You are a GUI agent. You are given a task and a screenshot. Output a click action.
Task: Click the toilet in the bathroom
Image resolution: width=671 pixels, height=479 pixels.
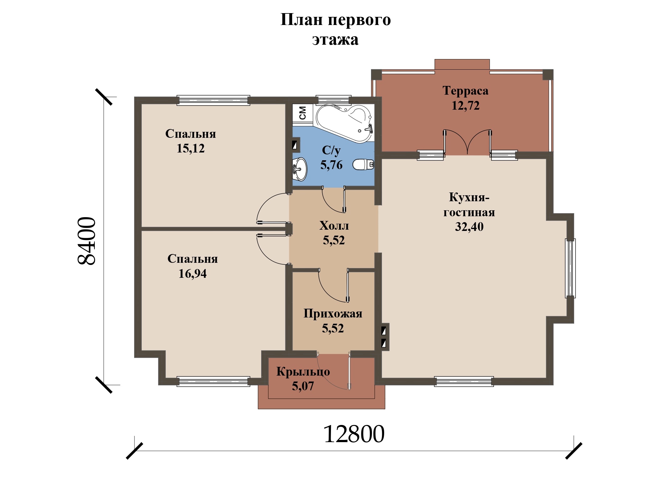[x=363, y=164]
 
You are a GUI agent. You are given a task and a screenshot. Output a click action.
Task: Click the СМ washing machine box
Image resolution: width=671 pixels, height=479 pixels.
[x=302, y=113]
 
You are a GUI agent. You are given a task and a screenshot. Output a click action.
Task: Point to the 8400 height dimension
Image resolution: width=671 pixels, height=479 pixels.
[x=87, y=241]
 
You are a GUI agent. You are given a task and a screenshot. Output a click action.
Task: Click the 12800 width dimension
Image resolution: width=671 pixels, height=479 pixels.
[x=354, y=434]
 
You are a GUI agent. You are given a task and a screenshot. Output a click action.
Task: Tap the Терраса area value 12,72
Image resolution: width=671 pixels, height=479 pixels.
[x=465, y=106]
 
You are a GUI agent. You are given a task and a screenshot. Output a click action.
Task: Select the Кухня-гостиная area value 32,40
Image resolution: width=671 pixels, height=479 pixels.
[x=469, y=227]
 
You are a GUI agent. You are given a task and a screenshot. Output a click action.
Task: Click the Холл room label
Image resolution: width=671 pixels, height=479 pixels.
[x=334, y=225]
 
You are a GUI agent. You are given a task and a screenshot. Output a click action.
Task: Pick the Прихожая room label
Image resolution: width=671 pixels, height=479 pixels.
[x=333, y=313]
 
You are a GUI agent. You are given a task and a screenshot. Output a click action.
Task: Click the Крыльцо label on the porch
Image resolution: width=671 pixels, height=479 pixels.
[x=303, y=372]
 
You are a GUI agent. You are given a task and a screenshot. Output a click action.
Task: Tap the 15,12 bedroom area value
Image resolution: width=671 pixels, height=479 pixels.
[x=191, y=148]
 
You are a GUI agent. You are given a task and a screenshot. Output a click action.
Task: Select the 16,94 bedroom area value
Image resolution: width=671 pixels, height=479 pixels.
[x=192, y=274]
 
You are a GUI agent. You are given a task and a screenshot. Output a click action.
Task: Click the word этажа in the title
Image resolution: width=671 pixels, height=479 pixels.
[x=335, y=40]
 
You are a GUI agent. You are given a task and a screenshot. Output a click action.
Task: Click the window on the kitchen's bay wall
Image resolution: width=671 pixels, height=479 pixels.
[x=570, y=268]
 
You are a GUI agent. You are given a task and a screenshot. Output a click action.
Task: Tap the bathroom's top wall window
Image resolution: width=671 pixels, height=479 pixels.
[x=333, y=100]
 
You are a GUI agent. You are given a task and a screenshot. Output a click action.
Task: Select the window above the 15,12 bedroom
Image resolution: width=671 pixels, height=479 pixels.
[x=213, y=100]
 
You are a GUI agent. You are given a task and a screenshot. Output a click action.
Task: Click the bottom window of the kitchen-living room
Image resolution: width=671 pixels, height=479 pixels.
[x=464, y=382]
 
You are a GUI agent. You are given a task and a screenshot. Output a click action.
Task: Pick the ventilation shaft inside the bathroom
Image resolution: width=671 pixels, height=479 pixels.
[x=295, y=145]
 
